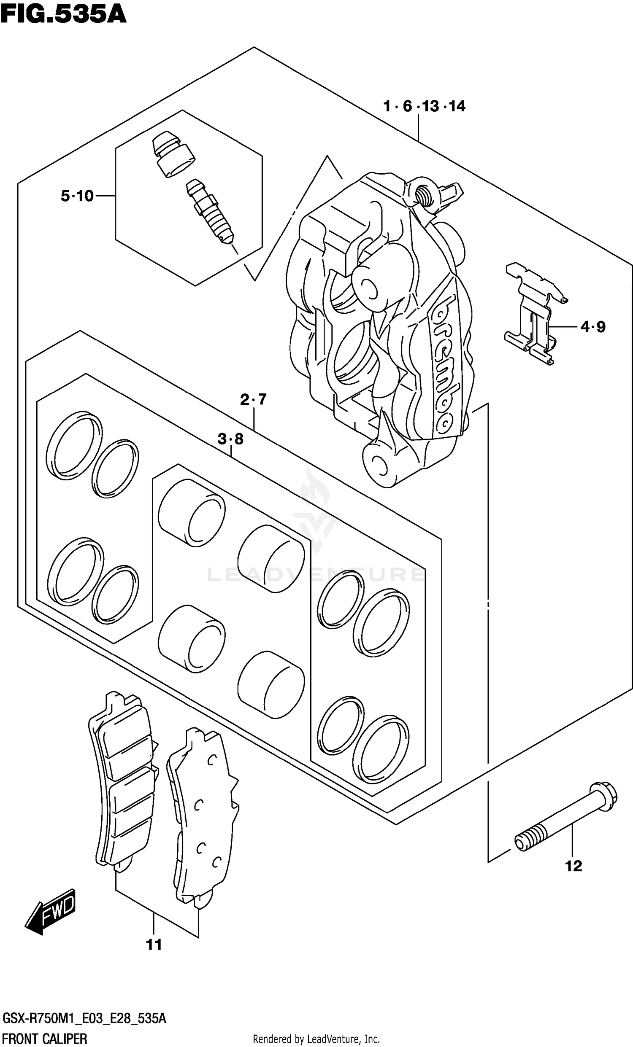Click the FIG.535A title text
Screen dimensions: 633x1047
63,14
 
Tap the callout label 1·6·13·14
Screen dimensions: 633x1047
424,106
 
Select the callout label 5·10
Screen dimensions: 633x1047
77,196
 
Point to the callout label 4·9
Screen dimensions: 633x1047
592,327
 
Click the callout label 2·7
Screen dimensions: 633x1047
253,399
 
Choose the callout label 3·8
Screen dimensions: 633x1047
230,439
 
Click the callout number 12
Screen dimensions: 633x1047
573,866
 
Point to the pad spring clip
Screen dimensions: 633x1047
536,314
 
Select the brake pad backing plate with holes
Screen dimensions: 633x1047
202,818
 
